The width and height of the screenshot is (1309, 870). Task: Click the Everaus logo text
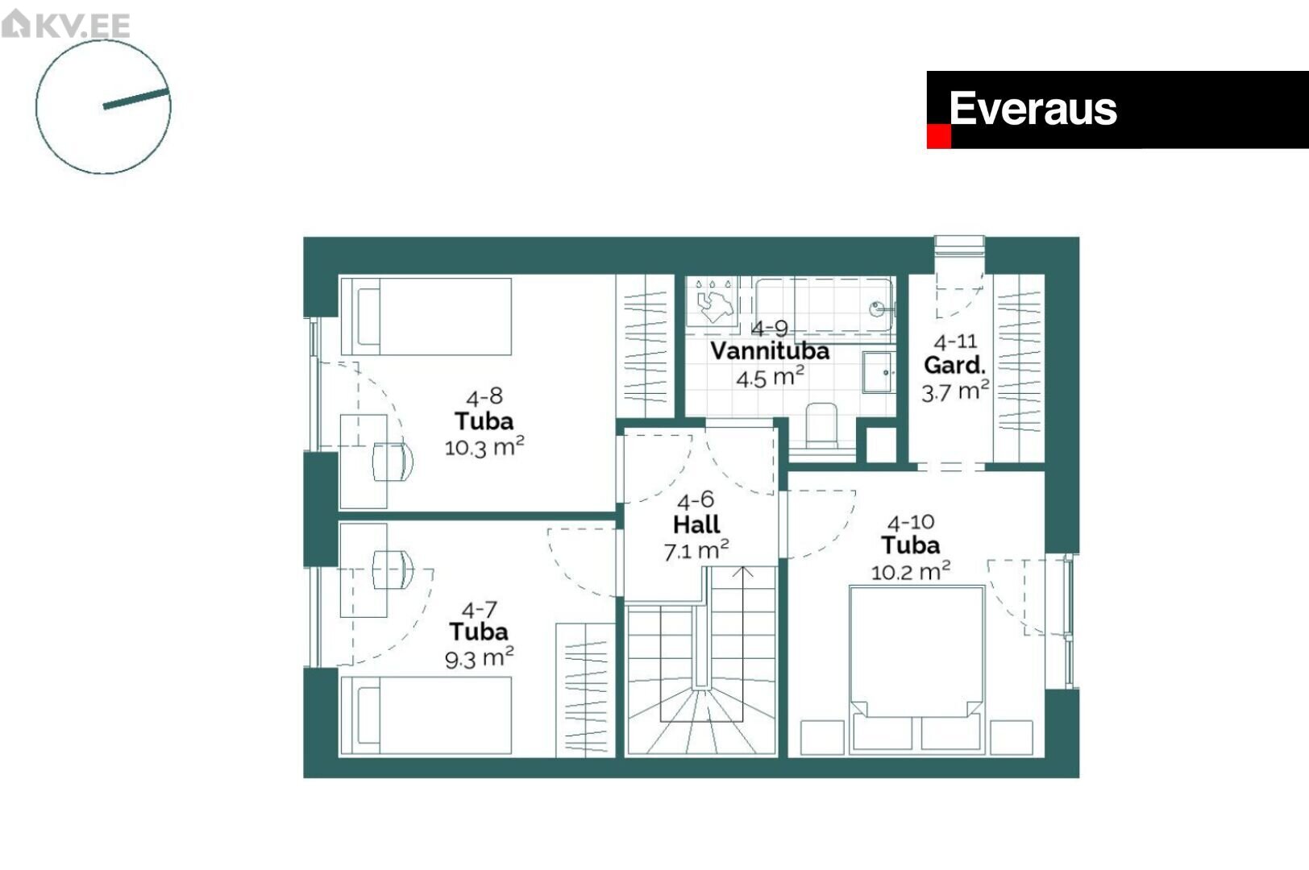point(1033,109)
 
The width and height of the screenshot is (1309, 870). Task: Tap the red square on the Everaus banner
point(938,137)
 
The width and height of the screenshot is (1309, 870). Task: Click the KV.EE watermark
point(65,24)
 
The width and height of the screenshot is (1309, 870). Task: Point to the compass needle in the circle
point(136,98)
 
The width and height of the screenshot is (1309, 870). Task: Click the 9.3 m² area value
point(479,658)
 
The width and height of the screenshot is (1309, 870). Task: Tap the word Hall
point(696,524)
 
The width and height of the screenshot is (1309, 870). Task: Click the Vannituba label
point(770,351)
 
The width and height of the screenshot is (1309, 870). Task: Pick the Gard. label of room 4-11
point(954,366)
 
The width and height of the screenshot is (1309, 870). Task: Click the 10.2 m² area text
point(911,570)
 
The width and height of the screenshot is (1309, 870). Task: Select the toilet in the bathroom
point(821,426)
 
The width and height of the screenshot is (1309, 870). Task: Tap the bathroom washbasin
point(879,372)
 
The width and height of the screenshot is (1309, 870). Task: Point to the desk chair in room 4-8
point(393,462)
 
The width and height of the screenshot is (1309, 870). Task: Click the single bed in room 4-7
point(426,715)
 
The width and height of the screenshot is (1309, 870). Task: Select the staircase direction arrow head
point(742,571)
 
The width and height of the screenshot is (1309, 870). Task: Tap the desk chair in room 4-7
point(393,570)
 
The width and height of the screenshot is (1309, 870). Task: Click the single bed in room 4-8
point(426,317)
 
